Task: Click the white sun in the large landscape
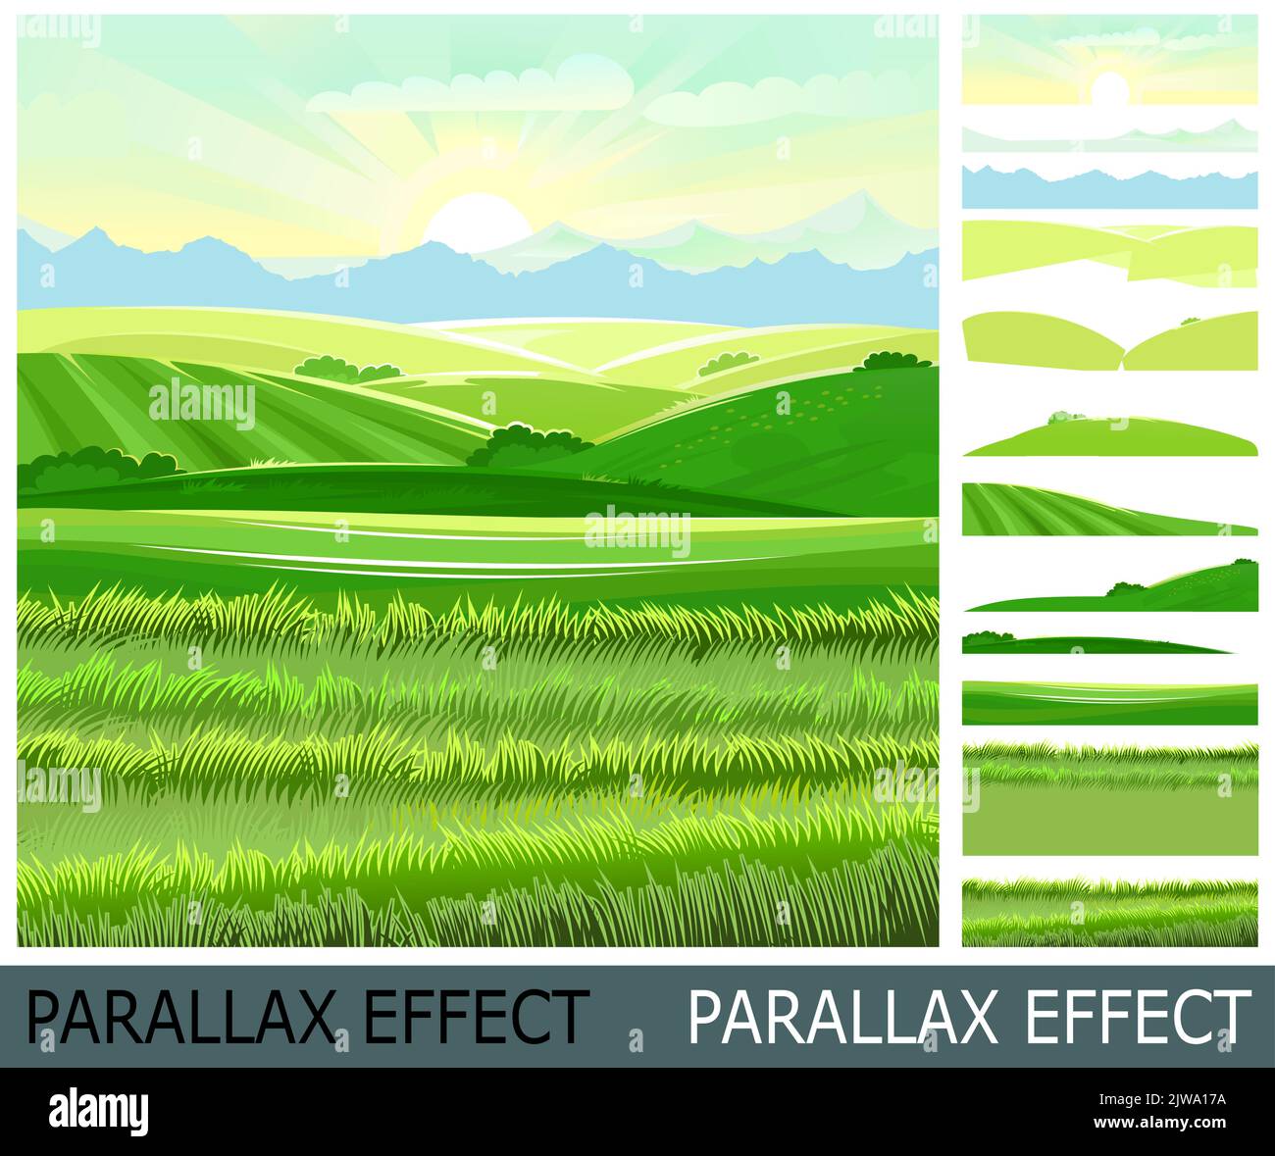click(x=475, y=218)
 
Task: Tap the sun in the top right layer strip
click(x=1110, y=88)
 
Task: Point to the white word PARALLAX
click(x=842, y=1017)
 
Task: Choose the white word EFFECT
click(x=1138, y=1017)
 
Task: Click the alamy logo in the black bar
click(x=99, y=1111)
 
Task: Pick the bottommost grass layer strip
click(x=1109, y=912)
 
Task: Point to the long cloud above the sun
click(x=471, y=93)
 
